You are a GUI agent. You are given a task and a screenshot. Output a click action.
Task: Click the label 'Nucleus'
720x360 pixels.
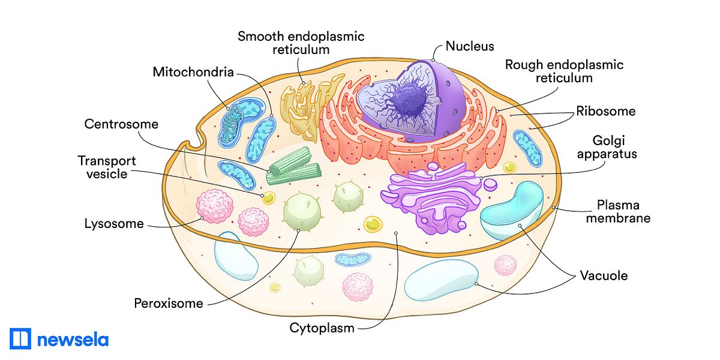point(470,46)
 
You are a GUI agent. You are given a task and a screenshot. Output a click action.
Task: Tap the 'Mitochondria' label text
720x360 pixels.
point(193,73)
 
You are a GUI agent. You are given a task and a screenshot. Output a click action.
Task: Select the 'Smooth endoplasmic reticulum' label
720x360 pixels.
point(301,43)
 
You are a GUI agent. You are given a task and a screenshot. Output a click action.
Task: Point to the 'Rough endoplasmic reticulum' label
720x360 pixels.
point(564,71)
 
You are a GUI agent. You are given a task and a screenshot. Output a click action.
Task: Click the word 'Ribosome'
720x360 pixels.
point(605,112)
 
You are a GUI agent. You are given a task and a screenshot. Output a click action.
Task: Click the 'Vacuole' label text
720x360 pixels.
point(603,276)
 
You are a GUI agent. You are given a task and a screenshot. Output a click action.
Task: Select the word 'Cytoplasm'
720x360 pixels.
point(322,328)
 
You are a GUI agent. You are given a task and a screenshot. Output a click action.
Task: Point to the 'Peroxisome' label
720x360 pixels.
point(169,303)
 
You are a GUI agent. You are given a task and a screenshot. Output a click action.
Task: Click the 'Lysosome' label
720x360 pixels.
point(114,224)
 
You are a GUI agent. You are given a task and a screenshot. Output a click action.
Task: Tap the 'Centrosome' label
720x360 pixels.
point(121,125)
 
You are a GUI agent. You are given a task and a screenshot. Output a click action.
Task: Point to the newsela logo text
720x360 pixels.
point(73,340)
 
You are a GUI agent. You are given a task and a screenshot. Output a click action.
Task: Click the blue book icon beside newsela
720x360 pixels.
point(20,339)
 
